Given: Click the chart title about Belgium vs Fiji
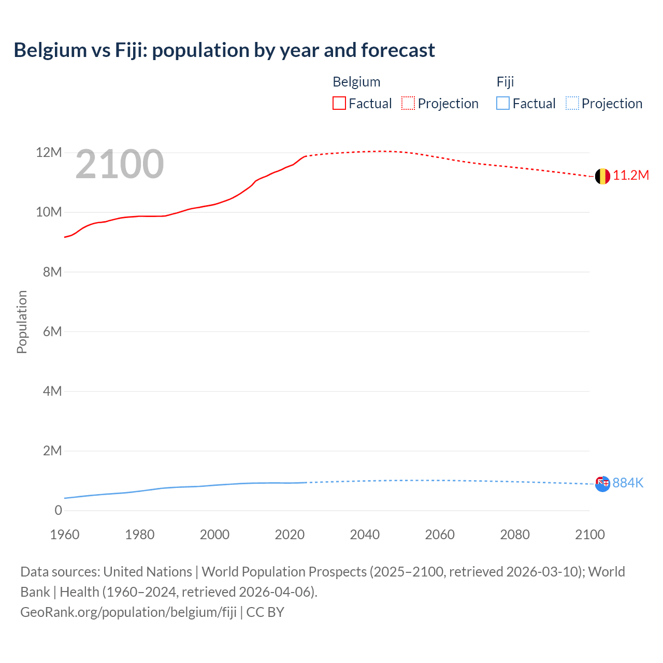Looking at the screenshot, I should [224, 50].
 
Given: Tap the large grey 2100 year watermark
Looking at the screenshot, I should [120, 164].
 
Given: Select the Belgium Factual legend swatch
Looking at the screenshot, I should [339, 104].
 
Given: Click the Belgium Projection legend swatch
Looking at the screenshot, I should [408, 104].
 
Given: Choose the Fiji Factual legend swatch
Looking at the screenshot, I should [503, 104].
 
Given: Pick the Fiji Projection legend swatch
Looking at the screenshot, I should [572, 104].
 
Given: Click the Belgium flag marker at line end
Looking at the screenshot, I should [602, 177].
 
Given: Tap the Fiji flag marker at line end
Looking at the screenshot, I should [602, 484].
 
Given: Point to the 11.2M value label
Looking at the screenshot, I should [631, 176].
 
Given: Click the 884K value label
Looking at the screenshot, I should [628, 483].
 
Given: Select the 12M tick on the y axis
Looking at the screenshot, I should [49, 153].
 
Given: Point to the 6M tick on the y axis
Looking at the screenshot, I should [52, 331].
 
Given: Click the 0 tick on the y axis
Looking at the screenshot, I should [58, 510].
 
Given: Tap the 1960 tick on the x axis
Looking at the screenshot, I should [65, 535].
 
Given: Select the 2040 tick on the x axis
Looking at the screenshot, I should [365, 535].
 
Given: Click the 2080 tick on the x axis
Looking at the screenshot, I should [515, 535].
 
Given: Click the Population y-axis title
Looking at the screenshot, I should [22, 322].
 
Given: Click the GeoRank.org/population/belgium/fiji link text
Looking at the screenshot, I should [128, 612].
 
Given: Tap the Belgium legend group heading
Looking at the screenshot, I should [356, 82].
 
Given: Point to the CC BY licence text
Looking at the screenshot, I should [265, 612].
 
